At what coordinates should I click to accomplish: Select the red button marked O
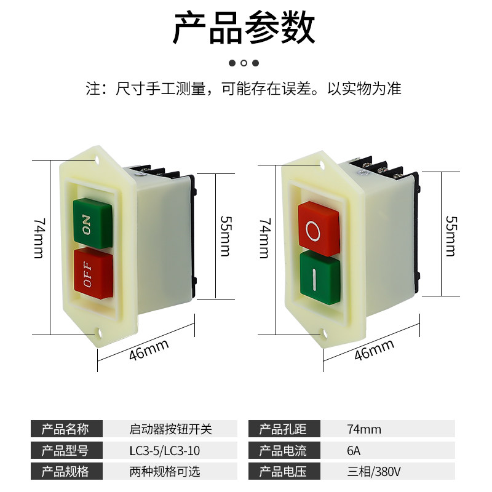pos(318,229)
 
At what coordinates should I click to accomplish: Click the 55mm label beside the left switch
pos(224,236)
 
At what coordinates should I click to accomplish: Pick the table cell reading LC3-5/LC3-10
pos(165,451)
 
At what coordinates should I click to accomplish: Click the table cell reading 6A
pos(354,451)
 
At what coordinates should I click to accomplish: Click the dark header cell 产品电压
pos(282,472)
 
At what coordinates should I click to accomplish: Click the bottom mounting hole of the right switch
pos(324,334)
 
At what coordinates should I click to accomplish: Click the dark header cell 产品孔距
pos(282,429)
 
